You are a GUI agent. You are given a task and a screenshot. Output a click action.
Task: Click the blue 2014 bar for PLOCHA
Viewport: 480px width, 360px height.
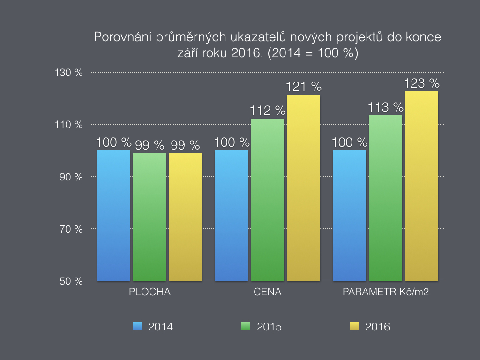click(x=113, y=216)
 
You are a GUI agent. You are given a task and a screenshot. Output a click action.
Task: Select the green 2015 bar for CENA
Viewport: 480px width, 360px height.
click(x=268, y=200)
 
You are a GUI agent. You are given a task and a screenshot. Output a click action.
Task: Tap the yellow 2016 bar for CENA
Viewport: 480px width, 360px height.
click(x=304, y=188)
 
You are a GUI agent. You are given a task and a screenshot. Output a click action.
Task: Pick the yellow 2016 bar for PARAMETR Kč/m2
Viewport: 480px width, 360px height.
click(x=422, y=186)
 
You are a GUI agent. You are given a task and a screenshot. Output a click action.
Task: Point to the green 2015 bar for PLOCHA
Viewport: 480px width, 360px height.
click(x=150, y=217)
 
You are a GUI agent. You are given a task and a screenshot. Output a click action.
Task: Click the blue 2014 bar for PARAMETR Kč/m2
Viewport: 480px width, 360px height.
click(x=350, y=216)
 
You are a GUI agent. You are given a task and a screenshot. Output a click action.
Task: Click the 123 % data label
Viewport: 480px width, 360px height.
click(x=422, y=84)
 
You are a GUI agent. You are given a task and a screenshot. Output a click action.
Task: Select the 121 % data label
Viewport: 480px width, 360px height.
click(x=304, y=87)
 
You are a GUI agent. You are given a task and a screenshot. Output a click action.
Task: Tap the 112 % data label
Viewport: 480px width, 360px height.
click(x=268, y=111)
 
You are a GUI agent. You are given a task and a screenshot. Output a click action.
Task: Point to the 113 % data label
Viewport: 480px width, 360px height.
click(x=386, y=107)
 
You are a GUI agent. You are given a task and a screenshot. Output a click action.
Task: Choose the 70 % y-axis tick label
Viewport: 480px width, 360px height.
click(x=72, y=229)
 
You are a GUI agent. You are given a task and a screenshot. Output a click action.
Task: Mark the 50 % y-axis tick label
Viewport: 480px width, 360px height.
click(x=72, y=281)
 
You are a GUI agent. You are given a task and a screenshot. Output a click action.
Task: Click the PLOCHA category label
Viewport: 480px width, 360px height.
click(x=150, y=292)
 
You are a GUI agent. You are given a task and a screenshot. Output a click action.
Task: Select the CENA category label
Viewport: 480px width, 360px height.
click(x=268, y=292)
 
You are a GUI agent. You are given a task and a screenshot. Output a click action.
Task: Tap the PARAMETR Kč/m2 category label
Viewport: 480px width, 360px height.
click(x=386, y=292)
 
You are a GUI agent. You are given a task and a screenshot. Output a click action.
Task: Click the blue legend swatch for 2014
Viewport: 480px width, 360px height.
click(x=137, y=326)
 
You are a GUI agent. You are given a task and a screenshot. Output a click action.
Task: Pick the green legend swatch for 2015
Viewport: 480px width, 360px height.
click(x=246, y=326)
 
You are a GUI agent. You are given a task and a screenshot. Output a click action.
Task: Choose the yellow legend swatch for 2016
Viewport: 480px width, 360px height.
click(x=355, y=326)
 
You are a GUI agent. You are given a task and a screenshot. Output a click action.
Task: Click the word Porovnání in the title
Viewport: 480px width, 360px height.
click(x=120, y=37)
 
